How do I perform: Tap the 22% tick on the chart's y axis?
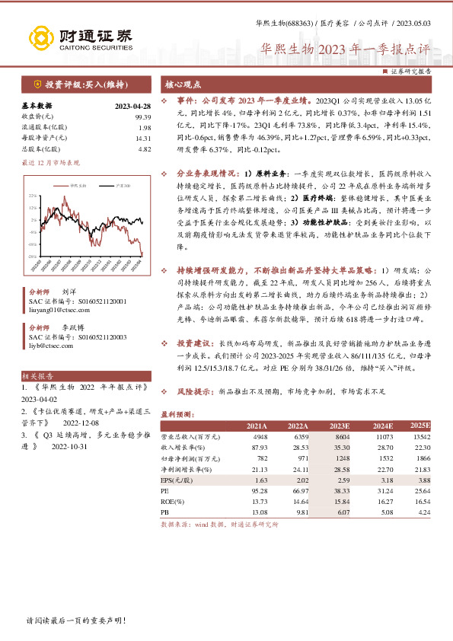pyautogui.click(x=33, y=196)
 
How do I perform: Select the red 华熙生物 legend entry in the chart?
pyautogui.click(x=57, y=185)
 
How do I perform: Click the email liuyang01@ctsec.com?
pyautogui.click(x=56, y=310)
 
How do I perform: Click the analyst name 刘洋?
pyautogui.click(x=69, y=292)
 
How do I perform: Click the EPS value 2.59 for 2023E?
pyautogui.click(x=343, y=481)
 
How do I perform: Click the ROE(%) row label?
pyautogui.click(x=174, y=503)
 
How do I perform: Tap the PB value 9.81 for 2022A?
pyautogui.click(x=301, y=514)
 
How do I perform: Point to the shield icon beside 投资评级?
pyautogui.click(x=37, y=83)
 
